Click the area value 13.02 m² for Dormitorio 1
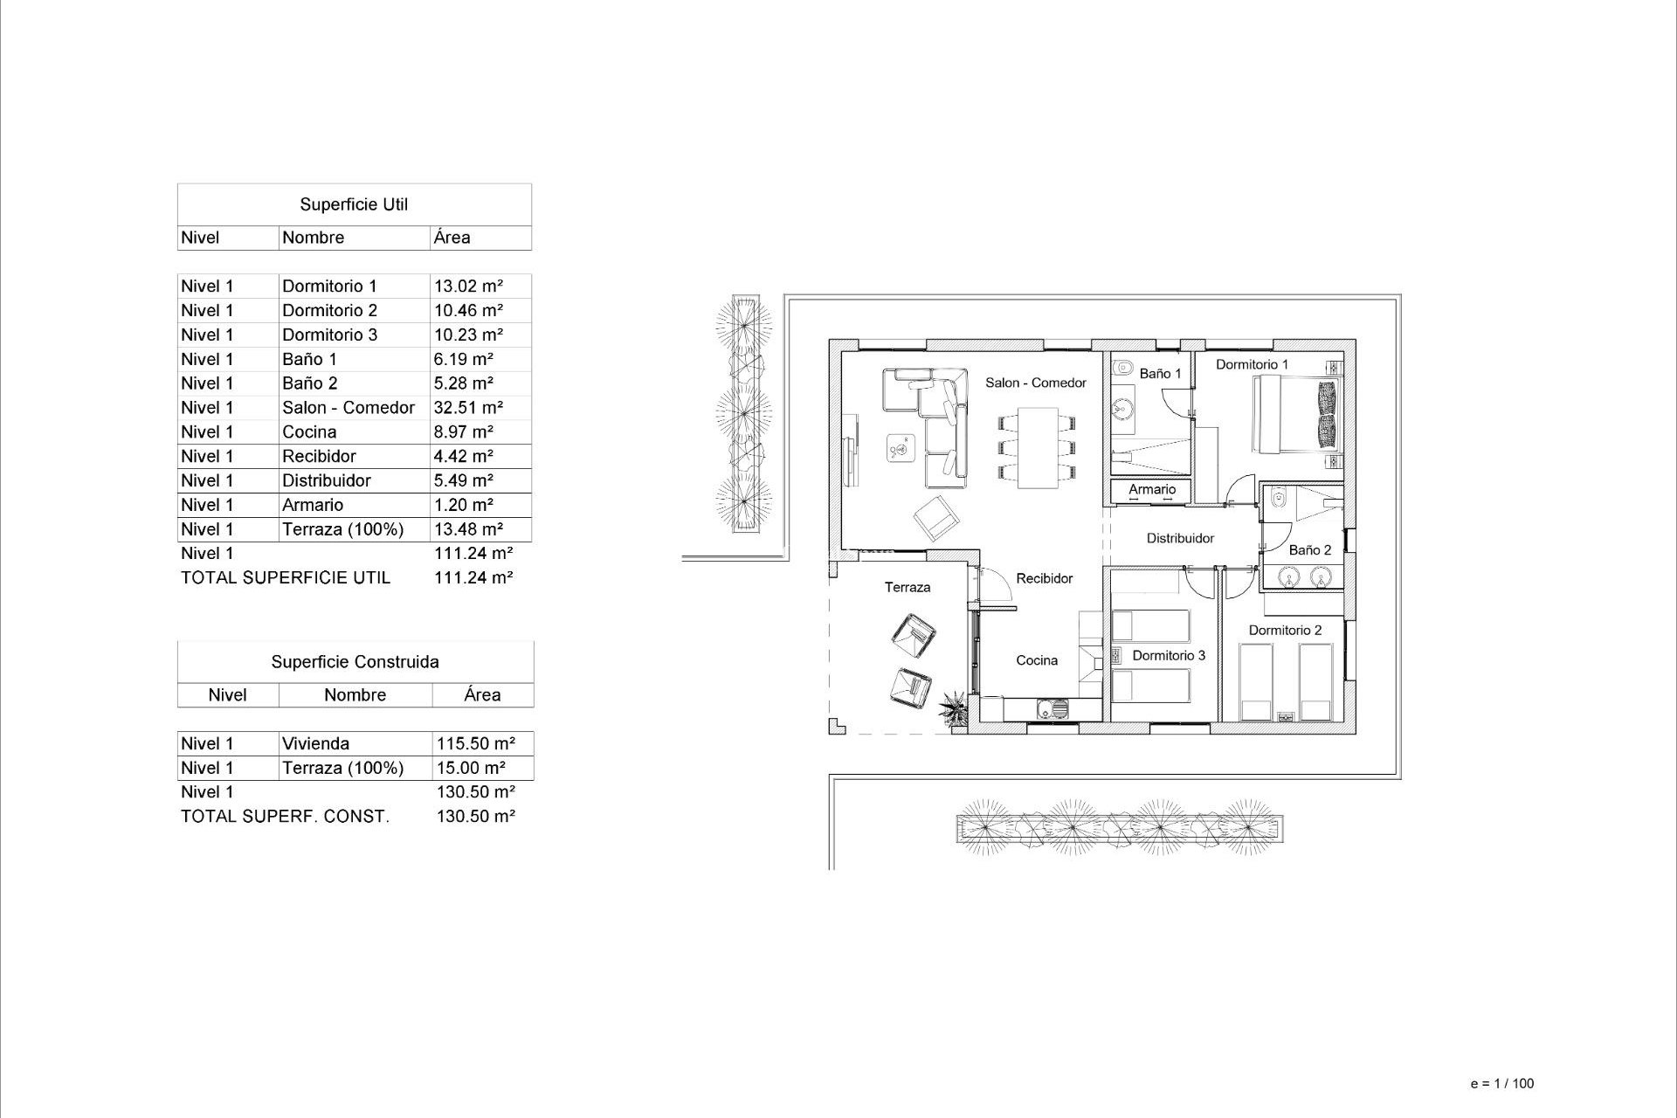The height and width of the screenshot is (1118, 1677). click(468, 286)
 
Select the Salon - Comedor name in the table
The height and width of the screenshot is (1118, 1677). click(348, 408)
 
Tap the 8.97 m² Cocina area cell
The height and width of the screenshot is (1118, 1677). click(463, 432)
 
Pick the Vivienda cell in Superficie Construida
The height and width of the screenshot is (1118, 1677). click(315, 744)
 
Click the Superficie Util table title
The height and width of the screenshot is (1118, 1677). click(354, 204)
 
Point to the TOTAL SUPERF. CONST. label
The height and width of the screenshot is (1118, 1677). click(285, 817)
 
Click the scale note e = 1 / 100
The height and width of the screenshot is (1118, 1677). click(1501, 1083)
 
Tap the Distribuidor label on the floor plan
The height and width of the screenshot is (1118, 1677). click(1180, 538)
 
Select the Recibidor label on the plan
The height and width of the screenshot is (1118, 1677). click(1045, 578)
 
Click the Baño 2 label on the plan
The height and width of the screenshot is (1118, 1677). click(1310, 550)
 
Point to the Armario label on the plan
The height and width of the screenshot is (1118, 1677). click(1152, 489)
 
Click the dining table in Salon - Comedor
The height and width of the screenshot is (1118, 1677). click(1037, 447)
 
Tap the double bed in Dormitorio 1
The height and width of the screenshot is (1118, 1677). click(1296, 414)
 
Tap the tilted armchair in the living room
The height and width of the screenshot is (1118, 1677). click(936, 517)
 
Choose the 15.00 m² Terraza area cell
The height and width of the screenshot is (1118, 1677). click(471, 769)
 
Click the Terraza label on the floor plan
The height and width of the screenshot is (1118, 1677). click(908, 587)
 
